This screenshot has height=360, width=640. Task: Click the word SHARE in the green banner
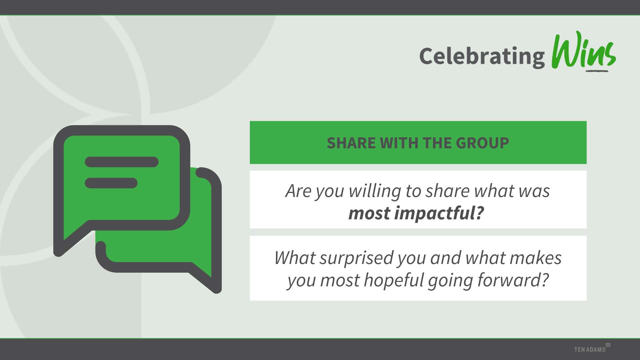351,143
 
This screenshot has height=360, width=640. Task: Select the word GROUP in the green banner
482,143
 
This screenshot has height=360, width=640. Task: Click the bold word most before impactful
369,213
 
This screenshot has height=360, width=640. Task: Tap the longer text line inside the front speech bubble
122,162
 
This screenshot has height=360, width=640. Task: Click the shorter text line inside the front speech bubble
111,183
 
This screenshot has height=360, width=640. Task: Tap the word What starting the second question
295,258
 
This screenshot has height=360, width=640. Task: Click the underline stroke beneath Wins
597,70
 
